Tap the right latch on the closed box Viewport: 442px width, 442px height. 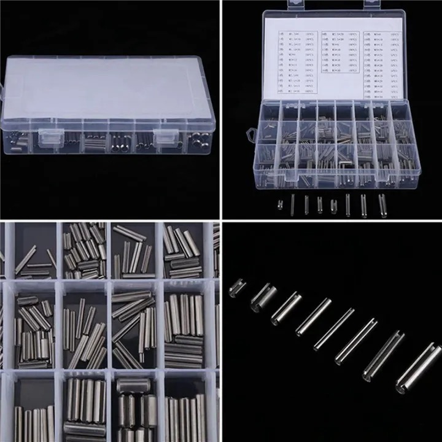164,138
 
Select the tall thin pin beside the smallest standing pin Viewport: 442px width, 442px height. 292,204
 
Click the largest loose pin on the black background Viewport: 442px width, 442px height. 417,365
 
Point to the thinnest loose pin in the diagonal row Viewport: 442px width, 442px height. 334,328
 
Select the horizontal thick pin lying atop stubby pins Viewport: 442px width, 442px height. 131,386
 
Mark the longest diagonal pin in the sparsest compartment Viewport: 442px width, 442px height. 26,259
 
